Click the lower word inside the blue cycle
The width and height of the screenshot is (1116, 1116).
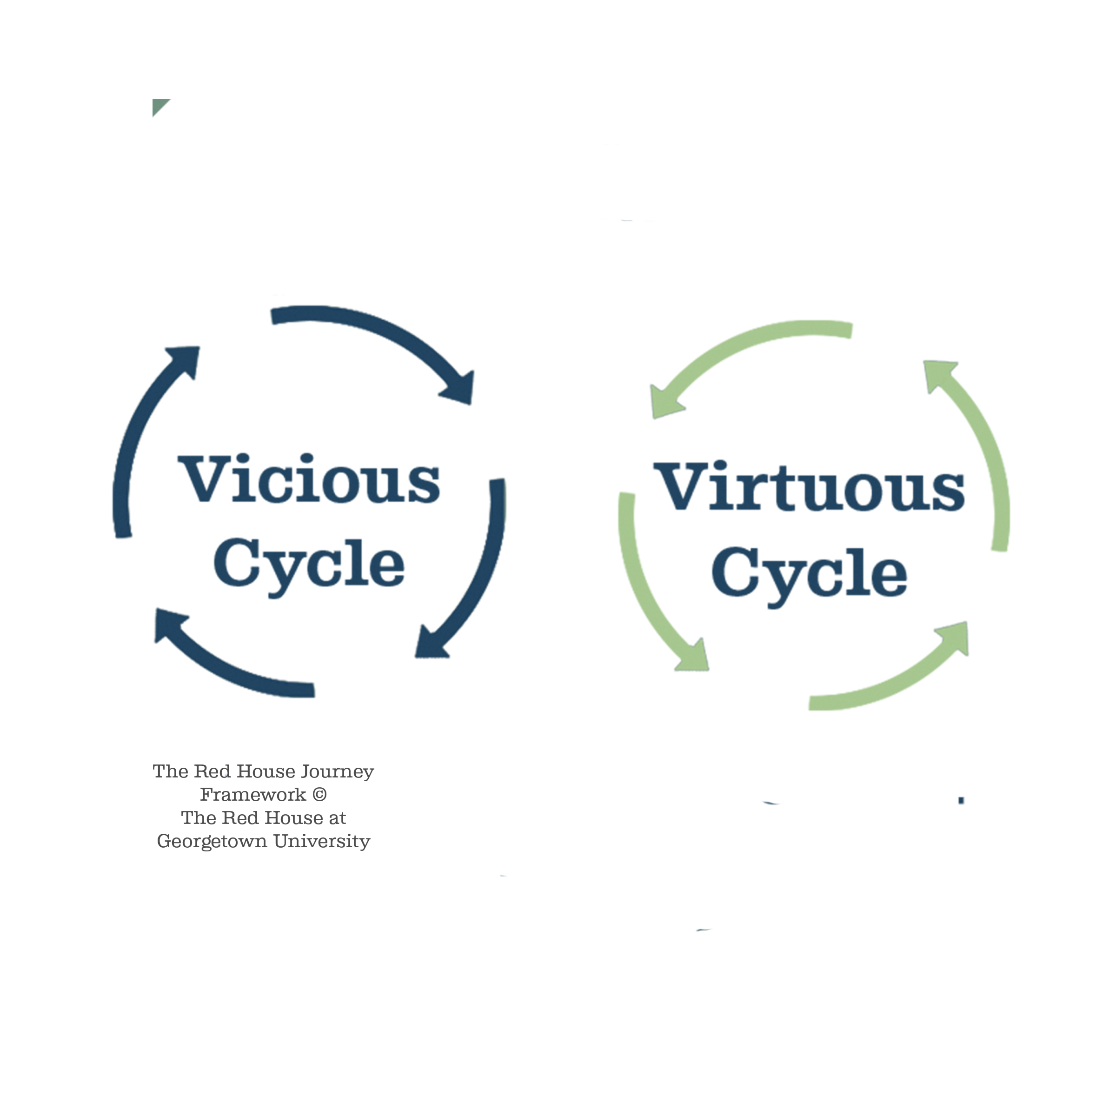click(x=315, y=569)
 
